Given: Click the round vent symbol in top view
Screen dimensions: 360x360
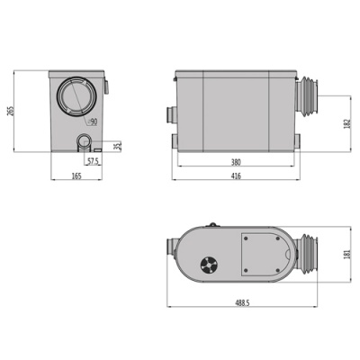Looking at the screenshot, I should [x=208, y=265].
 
